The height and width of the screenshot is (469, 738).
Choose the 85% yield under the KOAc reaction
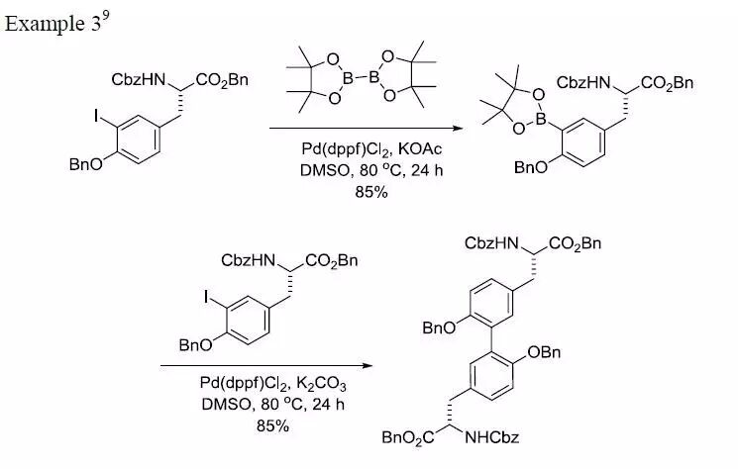[370, 192]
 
